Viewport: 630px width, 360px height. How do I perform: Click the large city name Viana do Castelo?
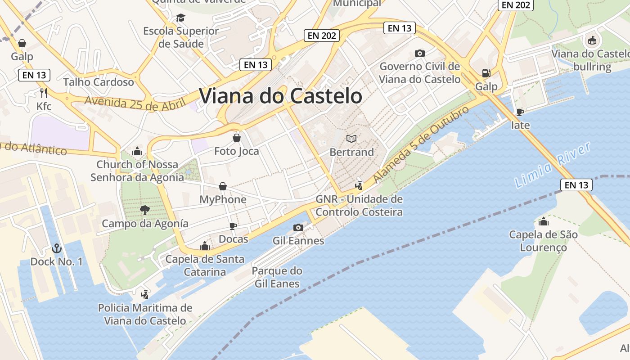click(x=280, y=96)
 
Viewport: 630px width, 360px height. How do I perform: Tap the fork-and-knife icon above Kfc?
click(x=44, y=93)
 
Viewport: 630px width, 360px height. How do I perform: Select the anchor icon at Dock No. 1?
click(x=56, y=248)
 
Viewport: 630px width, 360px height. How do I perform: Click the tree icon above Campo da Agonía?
click(x=145, y=210)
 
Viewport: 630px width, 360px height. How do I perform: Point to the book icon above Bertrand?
click(x=351, y=139)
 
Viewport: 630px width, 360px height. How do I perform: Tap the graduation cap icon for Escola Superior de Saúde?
click(x=180, y=18)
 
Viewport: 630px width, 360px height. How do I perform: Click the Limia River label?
click(x=553, y=165)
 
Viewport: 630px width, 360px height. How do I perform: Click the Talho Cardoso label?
click(x=99, y=82)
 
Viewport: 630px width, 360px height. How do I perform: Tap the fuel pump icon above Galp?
click(x=486, y=73)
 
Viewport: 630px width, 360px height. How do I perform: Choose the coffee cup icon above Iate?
click(x=520, y=112)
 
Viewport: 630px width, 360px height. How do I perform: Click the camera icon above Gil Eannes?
click(x=298, y=227)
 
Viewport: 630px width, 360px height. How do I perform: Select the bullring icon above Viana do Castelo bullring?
click(x=592, y=40)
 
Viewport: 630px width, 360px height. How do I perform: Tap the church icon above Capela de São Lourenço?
click(x=544, y=221)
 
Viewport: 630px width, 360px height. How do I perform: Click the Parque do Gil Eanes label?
click(x=277, y=277)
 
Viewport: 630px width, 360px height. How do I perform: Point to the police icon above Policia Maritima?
click(x=145, y=295)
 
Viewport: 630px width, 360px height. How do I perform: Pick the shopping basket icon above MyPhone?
click(x=223, y=186)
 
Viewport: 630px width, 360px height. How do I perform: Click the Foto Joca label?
click(x=237, y=151)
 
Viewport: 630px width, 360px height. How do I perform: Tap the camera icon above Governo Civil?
click(x=419, y=53)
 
